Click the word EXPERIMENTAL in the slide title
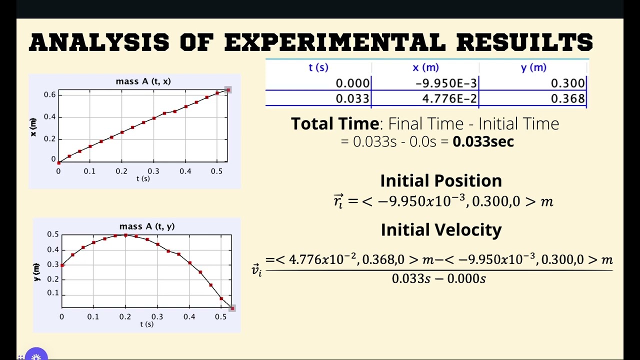[334, 42]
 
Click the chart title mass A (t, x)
[143, 81]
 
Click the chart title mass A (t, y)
[147, 226]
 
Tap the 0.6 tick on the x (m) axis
[49, 94]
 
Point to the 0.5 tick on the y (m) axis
[52, 234]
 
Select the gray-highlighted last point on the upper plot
[228, 90]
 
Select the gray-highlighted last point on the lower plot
[232, 308]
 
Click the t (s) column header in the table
[318, 67]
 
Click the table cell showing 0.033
[352, 98]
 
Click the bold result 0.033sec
[483, 141]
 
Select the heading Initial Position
[440, 180]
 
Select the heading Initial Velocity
[440, 229]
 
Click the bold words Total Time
[335, 123]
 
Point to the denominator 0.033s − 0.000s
[438, 278]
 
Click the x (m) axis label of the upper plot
[33, 127]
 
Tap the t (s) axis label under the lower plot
[146, 324]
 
